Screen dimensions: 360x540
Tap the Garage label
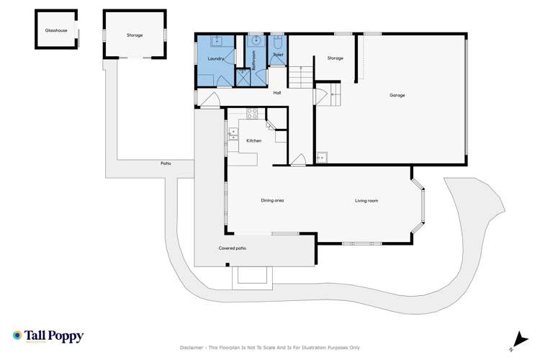coord(397,95)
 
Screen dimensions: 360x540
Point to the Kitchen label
coord(254,140)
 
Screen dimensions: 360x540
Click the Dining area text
coord(272,200)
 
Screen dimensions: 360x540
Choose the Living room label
coord(366,200)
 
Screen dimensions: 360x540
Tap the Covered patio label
coord(233,248)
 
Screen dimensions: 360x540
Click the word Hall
coord(276,92)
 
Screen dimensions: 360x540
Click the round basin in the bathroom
coord(255,41)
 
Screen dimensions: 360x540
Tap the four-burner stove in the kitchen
coord(252,113)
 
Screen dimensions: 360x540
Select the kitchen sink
coord(233,132)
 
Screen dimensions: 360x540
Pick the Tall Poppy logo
coord(48,336)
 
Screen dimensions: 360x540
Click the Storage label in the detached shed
coord(134,35)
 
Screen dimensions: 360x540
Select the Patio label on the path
coord(166,163)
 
